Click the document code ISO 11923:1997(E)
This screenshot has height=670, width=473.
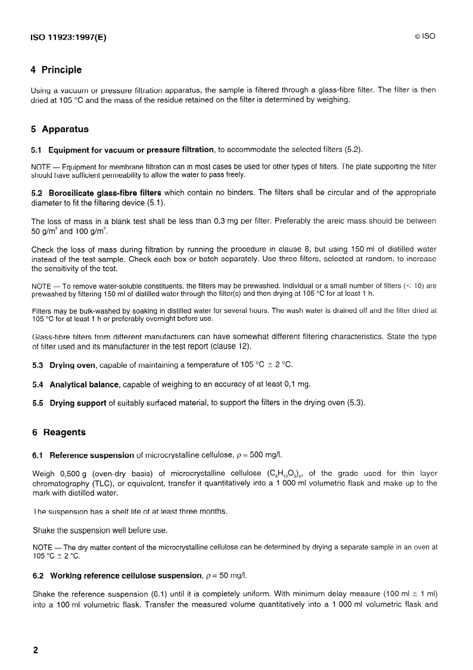68,36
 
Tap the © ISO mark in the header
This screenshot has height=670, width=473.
425,36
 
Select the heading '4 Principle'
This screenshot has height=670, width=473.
56,70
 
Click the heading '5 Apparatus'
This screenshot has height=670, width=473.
60,129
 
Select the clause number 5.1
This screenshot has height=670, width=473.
37,149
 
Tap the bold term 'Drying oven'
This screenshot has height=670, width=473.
74,364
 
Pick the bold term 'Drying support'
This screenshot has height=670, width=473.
78,403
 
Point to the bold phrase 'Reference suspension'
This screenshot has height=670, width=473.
92,455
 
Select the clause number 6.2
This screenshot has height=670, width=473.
38,575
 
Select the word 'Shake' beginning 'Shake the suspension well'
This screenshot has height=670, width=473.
43,531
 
